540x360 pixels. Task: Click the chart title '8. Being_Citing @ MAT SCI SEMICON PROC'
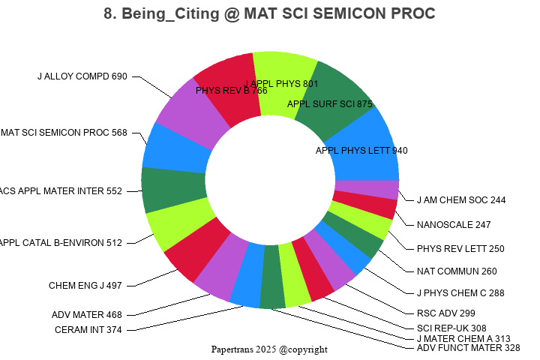(270, 13)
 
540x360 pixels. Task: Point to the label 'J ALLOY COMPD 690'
(82, 76)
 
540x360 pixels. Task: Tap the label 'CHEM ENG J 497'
(85, 286)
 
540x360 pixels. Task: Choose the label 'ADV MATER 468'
(87, 315)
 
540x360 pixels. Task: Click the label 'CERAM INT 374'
(88, 330)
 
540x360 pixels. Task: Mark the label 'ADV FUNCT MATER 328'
(469, 348)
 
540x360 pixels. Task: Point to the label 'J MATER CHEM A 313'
(463, 338)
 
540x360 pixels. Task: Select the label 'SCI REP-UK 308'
(451, 328)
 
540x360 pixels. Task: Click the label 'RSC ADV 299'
(445, 313)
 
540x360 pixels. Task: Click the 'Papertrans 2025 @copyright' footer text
(269, 349)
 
